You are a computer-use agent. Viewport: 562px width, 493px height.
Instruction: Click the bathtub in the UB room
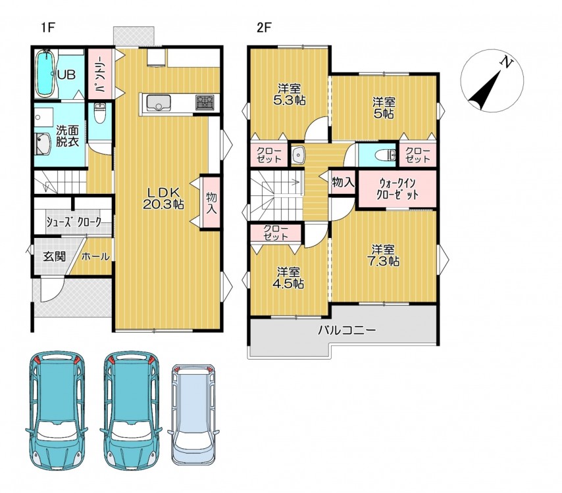(x=45, y=74)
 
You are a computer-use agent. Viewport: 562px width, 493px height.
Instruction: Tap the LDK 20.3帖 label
(x=163, y=199)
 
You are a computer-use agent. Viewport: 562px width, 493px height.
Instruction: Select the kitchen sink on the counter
(x=159, y=103)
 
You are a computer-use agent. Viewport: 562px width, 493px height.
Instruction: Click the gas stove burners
(x=205, y=102)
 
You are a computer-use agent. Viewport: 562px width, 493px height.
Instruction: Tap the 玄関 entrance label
(x=55, y=256)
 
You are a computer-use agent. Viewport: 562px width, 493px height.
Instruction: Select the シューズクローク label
(x=74, y=222)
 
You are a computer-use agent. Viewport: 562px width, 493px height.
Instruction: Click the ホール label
(x=95, y=256)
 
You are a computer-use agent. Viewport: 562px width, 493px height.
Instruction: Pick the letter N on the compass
(x=506, y=62)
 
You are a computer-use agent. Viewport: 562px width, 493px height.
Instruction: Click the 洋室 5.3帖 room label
(x=290, y=95)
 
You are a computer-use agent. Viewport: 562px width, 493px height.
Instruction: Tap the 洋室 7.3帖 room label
(x=383, y=255)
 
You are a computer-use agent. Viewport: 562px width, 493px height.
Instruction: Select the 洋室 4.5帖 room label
(x=288, y=277)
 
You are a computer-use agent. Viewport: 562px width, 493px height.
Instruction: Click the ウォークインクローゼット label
(x=397, y=189)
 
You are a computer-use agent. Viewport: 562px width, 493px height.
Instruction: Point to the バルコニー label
(x=347, y=330)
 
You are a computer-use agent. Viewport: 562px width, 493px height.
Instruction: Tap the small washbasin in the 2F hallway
(x=298, y=154)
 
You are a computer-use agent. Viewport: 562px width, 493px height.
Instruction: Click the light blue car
(x=194, y=415)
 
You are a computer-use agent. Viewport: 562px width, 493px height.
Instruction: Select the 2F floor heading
(x=264, y=27)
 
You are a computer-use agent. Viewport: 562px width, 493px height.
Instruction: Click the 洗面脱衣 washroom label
(x=67, y=136)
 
